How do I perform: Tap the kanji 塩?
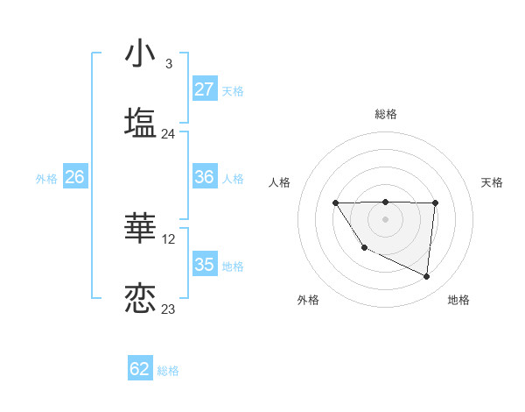140,122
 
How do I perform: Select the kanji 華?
140,228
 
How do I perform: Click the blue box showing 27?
205,89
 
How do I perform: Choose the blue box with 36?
205,177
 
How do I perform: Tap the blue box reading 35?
205,265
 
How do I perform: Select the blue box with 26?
74,177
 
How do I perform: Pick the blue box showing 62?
140,369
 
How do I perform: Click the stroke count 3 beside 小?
168,64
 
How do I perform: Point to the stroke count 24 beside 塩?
169,134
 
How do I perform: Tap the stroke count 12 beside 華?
170,239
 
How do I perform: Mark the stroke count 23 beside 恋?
169,309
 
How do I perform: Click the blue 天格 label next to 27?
233,91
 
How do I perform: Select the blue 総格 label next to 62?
168,371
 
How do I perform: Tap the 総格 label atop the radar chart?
386,114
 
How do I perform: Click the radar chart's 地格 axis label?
458,300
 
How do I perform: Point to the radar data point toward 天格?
435,203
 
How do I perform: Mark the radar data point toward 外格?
363,249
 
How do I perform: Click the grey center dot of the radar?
386,219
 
